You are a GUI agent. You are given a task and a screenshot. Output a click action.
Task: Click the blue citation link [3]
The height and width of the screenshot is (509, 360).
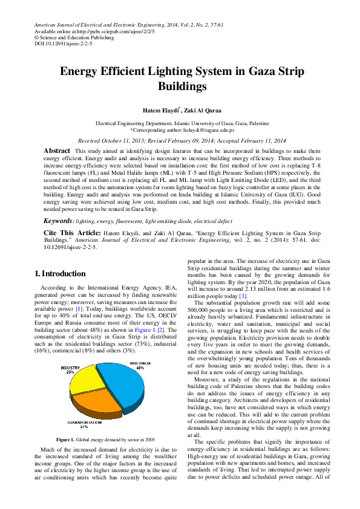click(243, 296)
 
